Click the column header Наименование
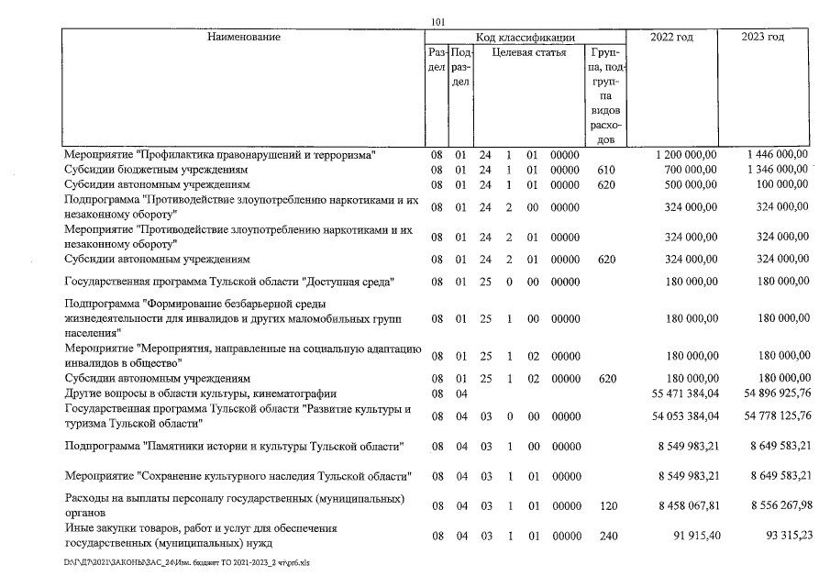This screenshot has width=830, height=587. point(243,38)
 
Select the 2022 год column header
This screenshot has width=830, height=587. point(671,38)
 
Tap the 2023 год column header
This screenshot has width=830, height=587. point(763,38)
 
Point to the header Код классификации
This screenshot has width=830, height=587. point(525,38)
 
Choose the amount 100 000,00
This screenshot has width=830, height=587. point(782,185)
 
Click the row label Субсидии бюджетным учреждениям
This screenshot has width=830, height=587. point(156,170)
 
